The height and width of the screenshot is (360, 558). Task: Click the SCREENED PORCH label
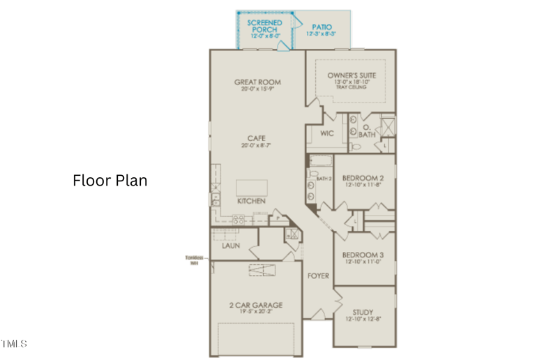point(265,27)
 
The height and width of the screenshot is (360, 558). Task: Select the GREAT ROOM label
point(257,82)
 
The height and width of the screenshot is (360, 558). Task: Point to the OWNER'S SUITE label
point(352,75)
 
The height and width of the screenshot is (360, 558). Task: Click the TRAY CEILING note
point(352,87)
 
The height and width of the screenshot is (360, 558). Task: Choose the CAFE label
point(257,137)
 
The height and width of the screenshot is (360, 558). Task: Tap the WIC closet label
point(327,133)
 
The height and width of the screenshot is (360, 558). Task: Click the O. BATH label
point(368,130)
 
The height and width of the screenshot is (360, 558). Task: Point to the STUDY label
point(363,312)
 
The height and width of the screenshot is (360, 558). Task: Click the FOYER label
point(318,276)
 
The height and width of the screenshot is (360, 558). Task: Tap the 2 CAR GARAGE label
point(256,305)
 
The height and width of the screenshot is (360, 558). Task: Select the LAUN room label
point(231,246)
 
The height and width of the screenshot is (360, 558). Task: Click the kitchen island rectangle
point(251,188)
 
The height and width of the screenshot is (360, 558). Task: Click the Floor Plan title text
point(110,180)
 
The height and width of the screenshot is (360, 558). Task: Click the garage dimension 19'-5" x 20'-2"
point(256,313)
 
